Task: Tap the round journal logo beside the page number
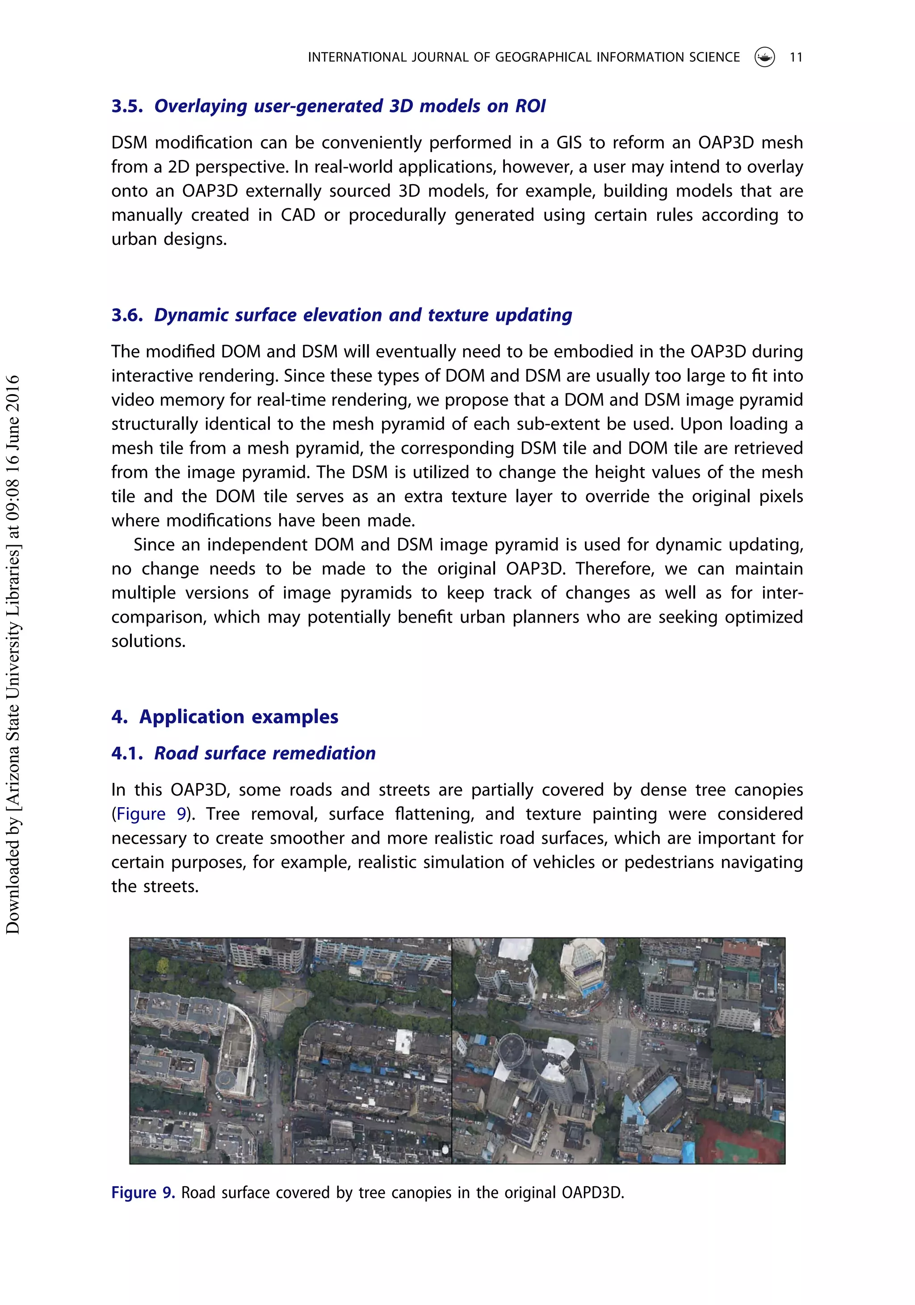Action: click(x=764, y=57)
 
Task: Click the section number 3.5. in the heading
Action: click(x=127, y=106)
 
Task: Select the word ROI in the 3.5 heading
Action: click(x=530, y=106)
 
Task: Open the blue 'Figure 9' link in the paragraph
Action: click(x=151, y=814)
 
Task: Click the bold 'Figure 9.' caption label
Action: click(x=143, y=1192)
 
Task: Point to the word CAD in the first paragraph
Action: click(x=298, y=215)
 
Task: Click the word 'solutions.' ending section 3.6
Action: click(x=148, y=641)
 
